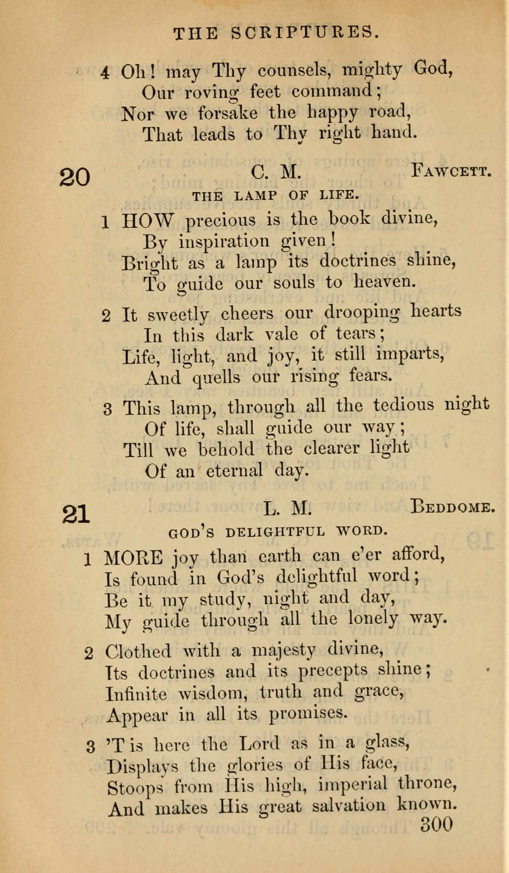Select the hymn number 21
76,514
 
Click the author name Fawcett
451,171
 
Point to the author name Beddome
452,507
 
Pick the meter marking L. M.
287,509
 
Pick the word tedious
403,405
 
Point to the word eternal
234,471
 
